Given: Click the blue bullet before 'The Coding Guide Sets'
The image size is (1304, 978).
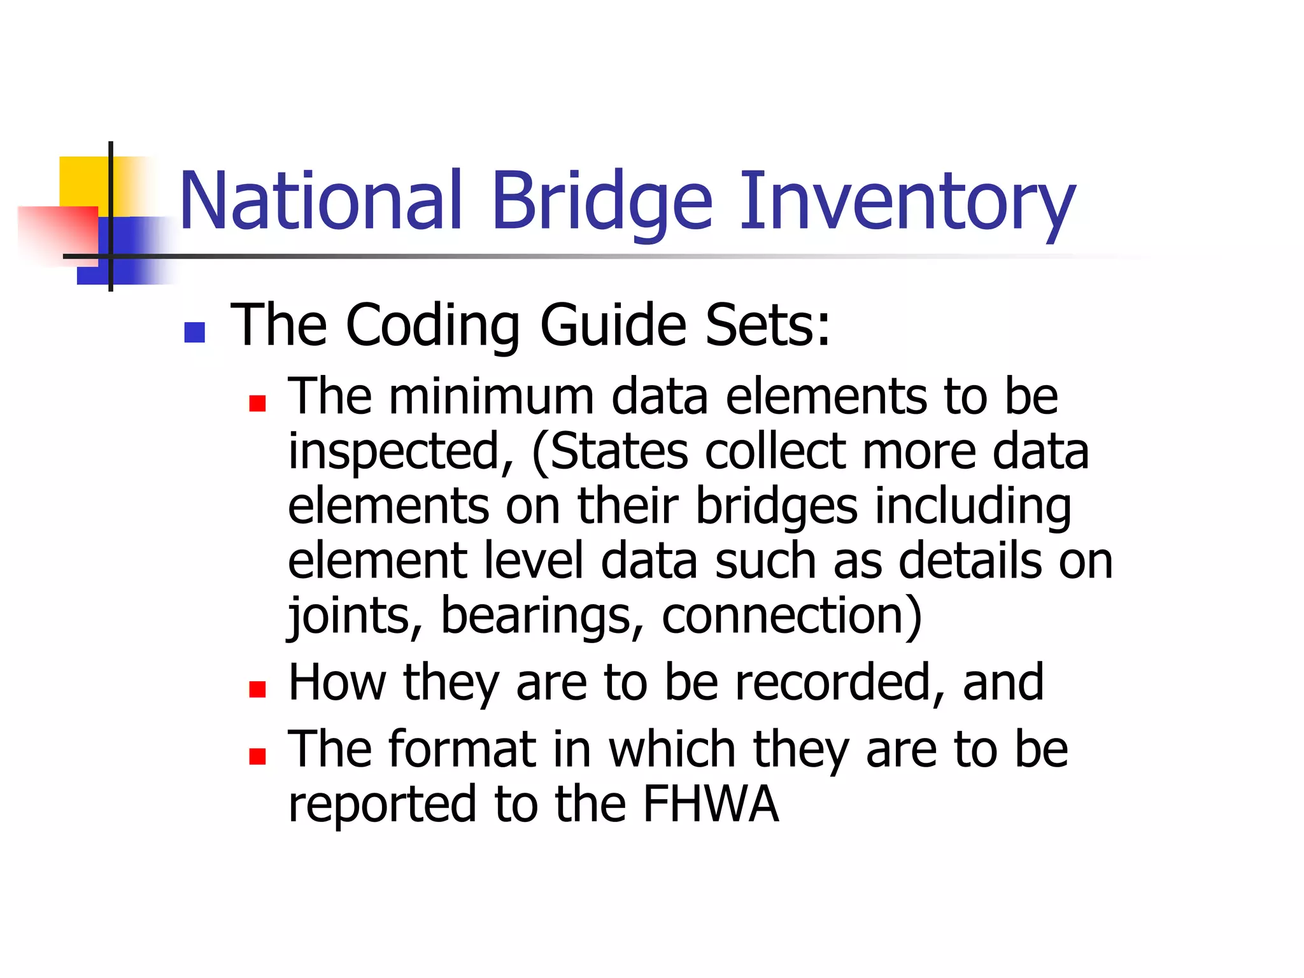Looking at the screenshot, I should click(x=194, y=332).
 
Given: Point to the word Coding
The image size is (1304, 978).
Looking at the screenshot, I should click(x=433, y=326).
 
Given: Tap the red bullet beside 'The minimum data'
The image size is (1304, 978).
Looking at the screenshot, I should click(x=257, y=404).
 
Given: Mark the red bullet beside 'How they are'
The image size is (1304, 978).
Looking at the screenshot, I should click(x=257, y=689).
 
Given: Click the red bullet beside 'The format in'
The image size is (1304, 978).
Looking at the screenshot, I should click(x=257, y=756).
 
